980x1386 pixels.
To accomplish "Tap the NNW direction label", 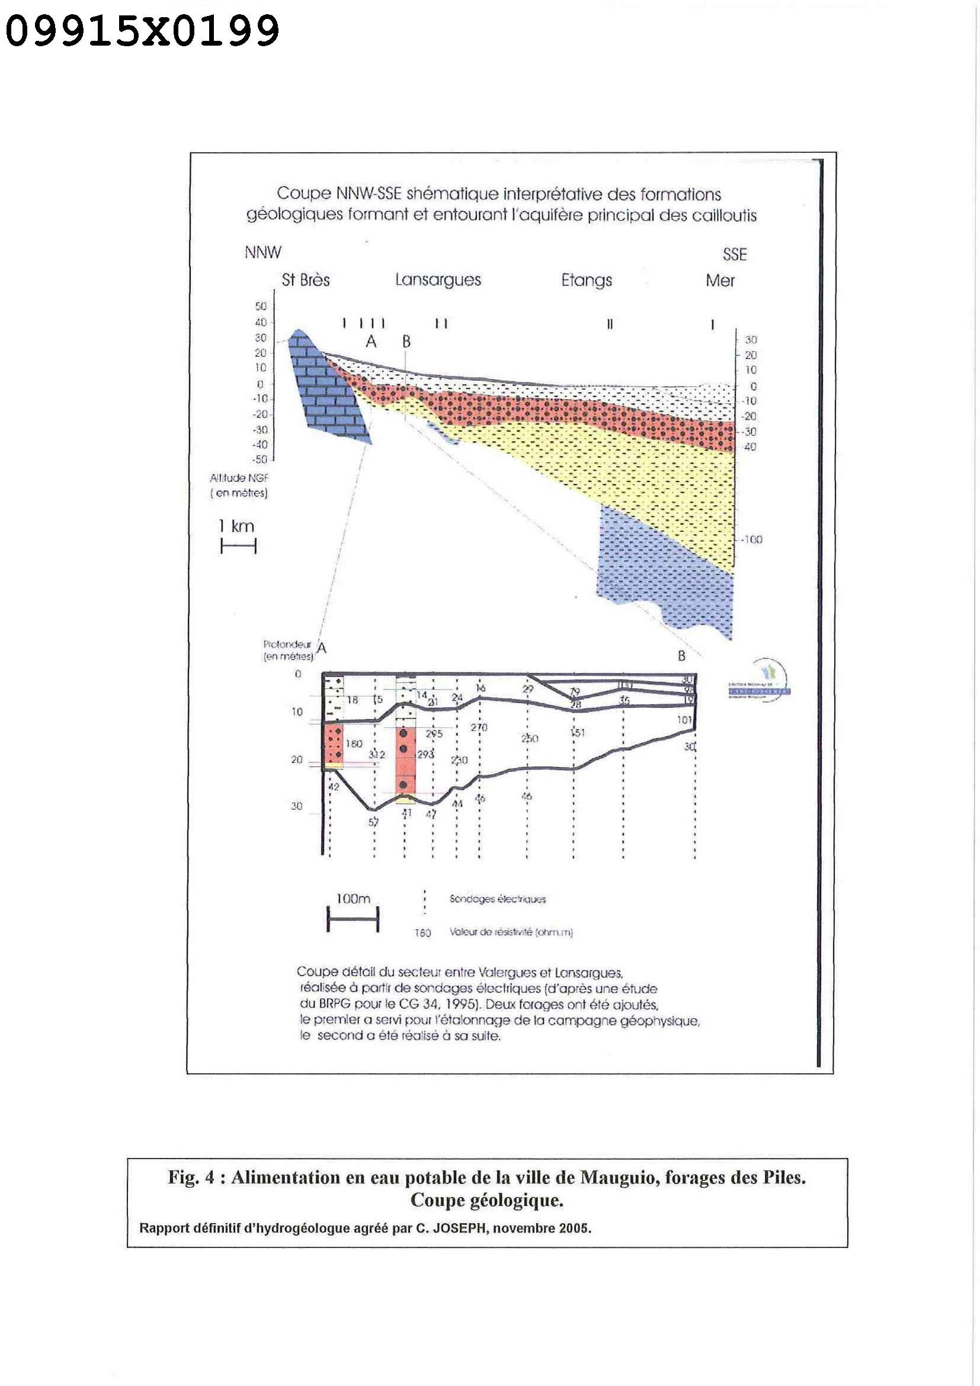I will point(262,252).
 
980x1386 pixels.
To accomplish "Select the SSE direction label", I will point(734,254).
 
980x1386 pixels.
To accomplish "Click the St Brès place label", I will point(306,280).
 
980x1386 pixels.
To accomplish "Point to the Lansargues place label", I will point(438,280).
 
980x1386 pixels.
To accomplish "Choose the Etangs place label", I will point(587,281).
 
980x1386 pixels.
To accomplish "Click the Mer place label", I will point(720,281).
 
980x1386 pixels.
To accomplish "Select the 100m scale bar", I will point(353,921).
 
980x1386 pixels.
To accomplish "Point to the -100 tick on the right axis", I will point(752,539).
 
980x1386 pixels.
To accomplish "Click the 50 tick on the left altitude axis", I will point(260,306).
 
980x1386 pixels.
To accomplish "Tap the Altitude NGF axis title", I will point(239,485).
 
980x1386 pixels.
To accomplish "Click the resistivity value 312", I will point(377,755).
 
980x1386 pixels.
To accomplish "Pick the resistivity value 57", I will point(374,822).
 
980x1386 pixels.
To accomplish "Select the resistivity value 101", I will point(684,720).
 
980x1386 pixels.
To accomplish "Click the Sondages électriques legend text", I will point(498,899).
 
